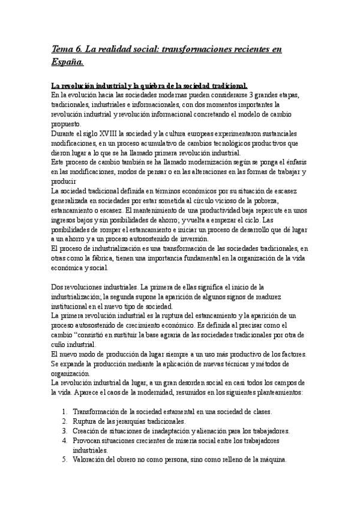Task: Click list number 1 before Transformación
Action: (65, 412)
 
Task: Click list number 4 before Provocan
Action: (65, 441)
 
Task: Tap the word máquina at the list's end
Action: (272, 460)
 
